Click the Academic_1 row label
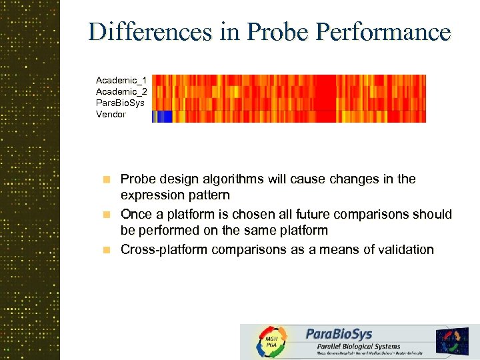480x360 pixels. click(x=121, y=80)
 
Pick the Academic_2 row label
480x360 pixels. click(x=121, y=91)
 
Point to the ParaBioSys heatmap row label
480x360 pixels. click(x=120, y=103)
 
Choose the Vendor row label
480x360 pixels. click(x=111, y=114)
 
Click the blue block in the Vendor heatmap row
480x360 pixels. click(x=162, y=117)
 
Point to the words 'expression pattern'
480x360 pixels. click(x=175, y=195)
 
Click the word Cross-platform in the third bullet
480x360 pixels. click(x=164, y=250)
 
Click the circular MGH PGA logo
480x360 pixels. click(x=271, y=342)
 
